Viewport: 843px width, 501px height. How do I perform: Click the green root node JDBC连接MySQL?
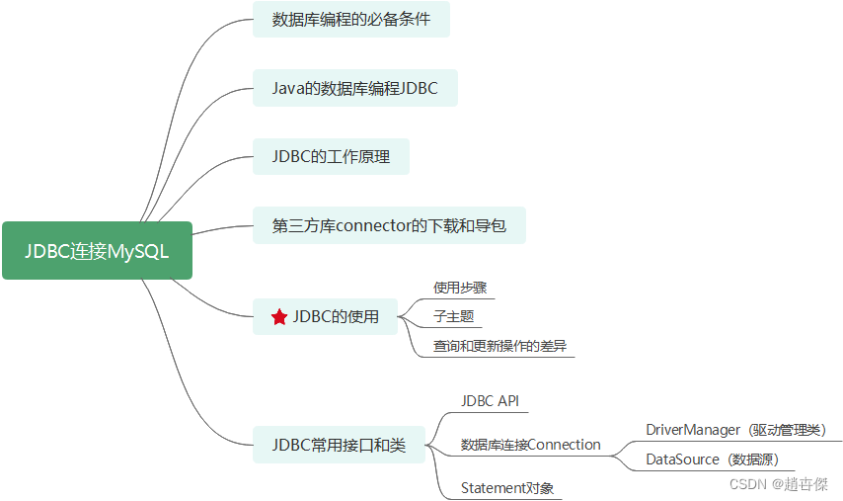pyautogui.click(x=97, y=251)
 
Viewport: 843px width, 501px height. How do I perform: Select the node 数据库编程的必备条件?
pyautogui.click(x=350, y=19)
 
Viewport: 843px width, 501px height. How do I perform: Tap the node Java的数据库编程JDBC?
pyautogui.click(x=354, y=88)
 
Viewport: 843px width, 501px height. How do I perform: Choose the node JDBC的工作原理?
pyautogui.click(x=330, y=157)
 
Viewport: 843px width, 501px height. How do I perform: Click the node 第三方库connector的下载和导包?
pyautogui.click(x=388, y=225)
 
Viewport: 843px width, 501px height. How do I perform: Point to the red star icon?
pyautogui.click(x=279, y=317)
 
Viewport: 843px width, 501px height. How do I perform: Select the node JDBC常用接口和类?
pyautogui.click(x=339, y=446)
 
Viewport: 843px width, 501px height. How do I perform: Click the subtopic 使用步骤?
pyautogui.click(x=460, y=288)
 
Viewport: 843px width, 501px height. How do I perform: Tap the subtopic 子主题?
pyautogui.click(x=454, y=317)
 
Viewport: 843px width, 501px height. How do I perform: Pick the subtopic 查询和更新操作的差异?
pyautogui.click(x=499, y=347)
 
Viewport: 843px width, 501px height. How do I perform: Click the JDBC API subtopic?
pyautogui.click(x=490, y=401)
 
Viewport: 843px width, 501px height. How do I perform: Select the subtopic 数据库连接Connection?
pyautogui.click(x=530, y=445)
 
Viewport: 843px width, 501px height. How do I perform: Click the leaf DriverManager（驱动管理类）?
pyautogui.click(x=734, y=430)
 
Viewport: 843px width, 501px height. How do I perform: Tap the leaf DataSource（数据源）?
pyautogui.click(x=713, y=459)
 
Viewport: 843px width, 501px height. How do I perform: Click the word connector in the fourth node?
pyautogui.click(x=374, y=225)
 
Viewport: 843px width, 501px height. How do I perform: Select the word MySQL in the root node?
pyautogui.click(x=138, y=251)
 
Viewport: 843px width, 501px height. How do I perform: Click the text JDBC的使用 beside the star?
pyautogui.click(x=336, y=317)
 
